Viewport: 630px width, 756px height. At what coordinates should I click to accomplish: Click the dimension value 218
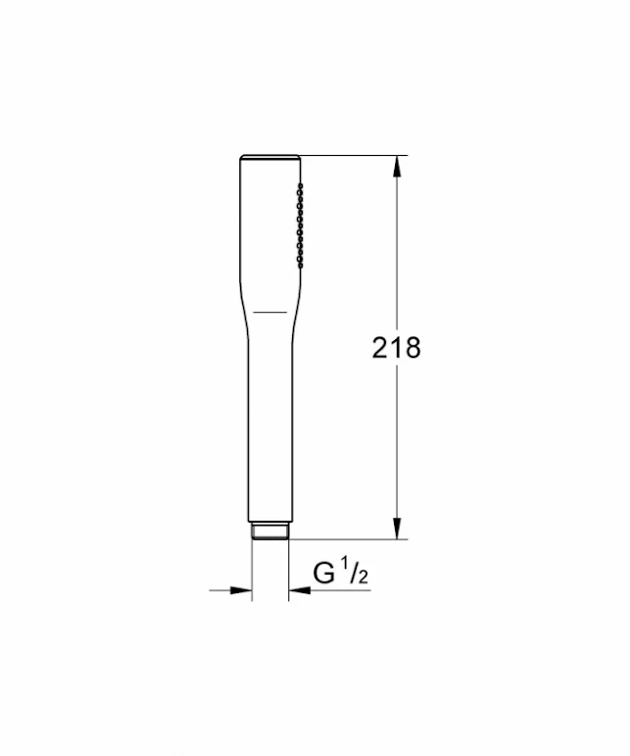(396, 347)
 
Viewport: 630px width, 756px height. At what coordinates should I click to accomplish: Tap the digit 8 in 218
(412, 347)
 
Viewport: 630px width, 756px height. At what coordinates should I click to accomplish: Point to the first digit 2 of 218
(381, 347)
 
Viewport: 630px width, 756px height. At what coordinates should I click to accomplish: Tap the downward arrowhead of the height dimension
(397, 529)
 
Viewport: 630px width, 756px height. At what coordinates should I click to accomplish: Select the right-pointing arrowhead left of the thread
(241, 590)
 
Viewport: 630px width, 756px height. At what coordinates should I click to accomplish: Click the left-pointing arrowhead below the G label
(300, 590)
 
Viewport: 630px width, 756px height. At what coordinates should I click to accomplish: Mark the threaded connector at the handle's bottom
(270, 531)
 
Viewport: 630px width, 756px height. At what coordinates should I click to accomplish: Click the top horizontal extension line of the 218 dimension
(353, 155)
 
